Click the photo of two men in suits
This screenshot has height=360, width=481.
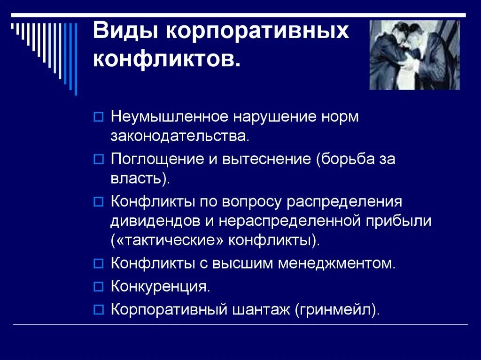pos(414,54)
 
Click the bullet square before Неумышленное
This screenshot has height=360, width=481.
pos(98,117)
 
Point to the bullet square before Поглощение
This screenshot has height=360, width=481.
pos(98,160)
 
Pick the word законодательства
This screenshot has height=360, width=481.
pos(178,136)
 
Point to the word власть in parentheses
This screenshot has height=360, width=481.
pos(138,178)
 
